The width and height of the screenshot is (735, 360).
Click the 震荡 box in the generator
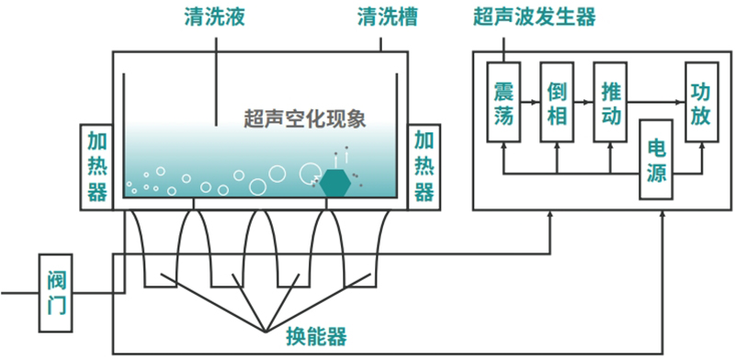coord(503,101)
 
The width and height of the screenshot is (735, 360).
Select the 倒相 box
coord(557,101)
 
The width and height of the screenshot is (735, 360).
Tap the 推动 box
coord(610,101)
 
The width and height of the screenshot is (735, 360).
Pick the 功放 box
coord(701,101)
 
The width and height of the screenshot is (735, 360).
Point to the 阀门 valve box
coord(56,293)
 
